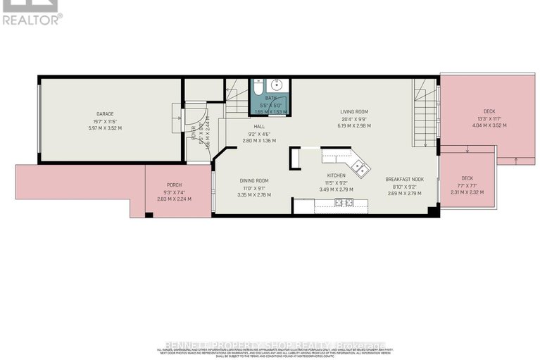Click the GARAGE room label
coord(105,113)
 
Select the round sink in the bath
coord(277,86)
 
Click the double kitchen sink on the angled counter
coord(361,167)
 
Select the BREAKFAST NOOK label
coord(404,179)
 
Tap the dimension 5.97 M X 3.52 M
coord(105,128)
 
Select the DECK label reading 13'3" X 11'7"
coord(489,111)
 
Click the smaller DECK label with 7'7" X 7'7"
coord(467,178)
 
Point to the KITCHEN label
coord(335,175)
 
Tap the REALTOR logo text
coord(32,19)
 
